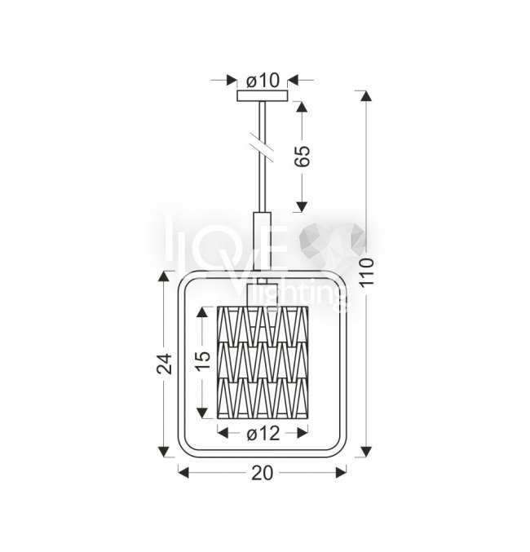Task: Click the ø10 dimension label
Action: [263, 81]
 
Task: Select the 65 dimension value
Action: [303, 156]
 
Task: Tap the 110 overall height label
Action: [366, 272]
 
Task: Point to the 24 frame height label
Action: [164, 364]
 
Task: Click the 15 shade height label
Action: [202, 360]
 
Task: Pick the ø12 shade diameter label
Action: [263, 433]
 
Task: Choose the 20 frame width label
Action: [262, 473]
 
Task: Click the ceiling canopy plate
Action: [263, 95]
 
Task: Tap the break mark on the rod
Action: [262, 148]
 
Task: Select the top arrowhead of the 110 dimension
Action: [366, 95]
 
